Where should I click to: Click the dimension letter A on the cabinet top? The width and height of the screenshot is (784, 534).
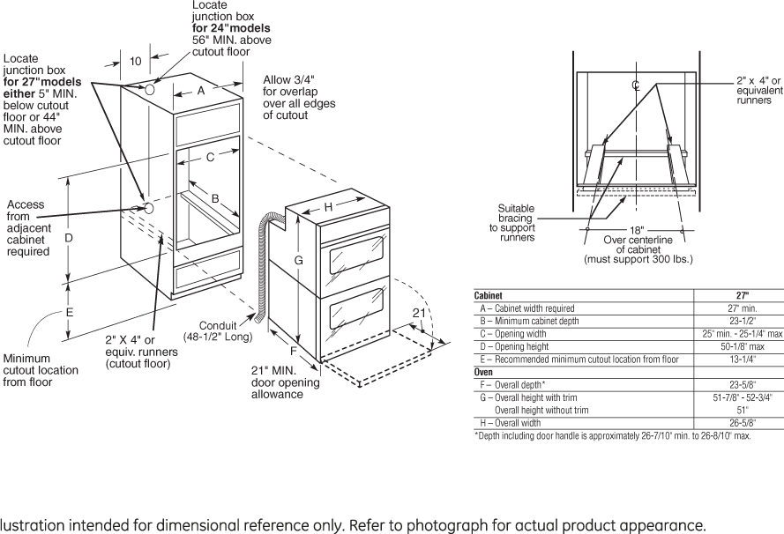click(200, 90)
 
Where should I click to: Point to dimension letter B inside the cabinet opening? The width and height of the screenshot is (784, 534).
click(214, 199)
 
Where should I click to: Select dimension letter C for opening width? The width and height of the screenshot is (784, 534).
click(211, 158)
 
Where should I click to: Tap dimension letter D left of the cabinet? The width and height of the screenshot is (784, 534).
click(68, 238)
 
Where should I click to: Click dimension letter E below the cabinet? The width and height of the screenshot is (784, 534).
click(69, 312)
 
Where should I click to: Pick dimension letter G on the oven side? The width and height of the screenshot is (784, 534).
click(299, 261)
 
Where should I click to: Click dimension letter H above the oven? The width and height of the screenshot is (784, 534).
click(327, 207)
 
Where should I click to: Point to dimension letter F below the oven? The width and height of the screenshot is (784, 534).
click(294, 350)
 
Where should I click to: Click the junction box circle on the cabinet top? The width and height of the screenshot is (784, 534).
click(151, 90)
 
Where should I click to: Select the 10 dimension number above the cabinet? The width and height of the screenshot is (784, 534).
click(135, 62)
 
